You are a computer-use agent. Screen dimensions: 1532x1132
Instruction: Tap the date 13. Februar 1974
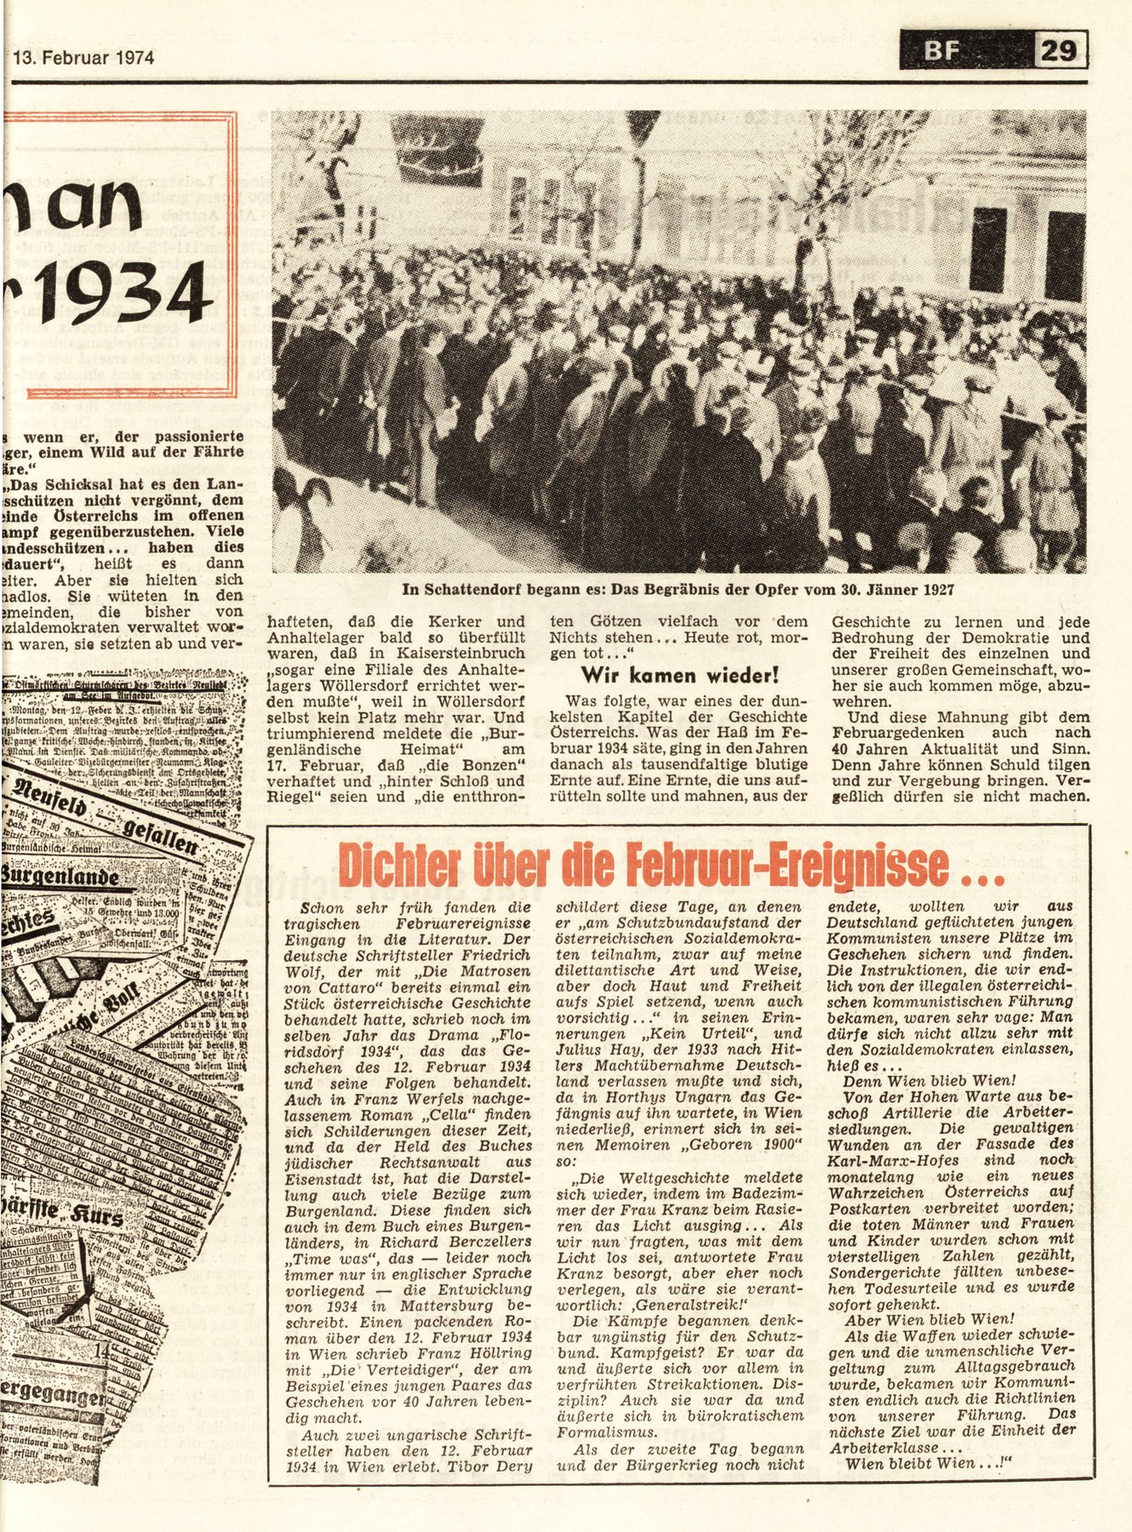pyautogui.click(x=83, y=59)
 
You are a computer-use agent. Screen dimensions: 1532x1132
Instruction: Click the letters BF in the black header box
pyautogui.click(x=942, y=52)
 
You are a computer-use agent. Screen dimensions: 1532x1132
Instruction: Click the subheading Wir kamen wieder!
pyautogui.click(x=679, y=676)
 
